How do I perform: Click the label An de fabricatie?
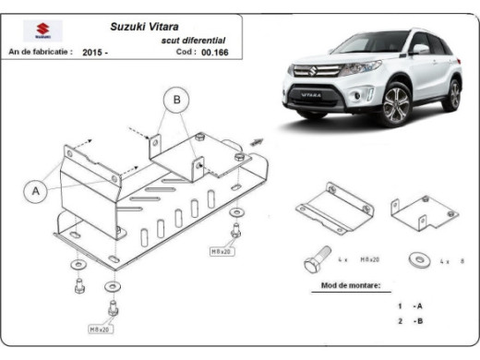39,53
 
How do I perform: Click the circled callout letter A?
36,190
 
